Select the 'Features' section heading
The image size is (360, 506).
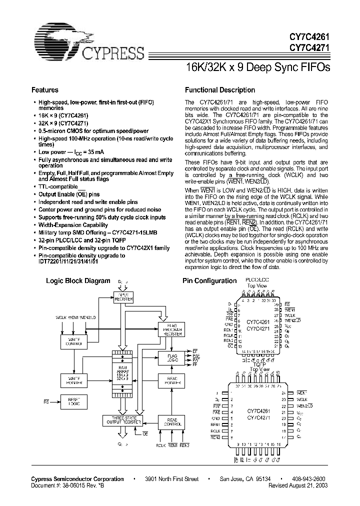pos(45,90)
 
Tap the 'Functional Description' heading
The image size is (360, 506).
pos(220,90)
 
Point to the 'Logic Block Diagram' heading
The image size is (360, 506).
pos(78,281)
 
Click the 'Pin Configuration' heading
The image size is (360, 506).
pos(209,281)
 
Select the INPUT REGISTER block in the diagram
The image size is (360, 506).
pos(123,297)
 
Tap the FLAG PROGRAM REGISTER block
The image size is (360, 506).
pos(171,330)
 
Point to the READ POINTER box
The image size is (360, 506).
pos(171,380)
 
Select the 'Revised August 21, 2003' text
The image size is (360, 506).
pos(300,485)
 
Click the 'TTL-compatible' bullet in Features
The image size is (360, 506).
pos(62,186)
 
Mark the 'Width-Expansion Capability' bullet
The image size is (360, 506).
pos(73,224)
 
